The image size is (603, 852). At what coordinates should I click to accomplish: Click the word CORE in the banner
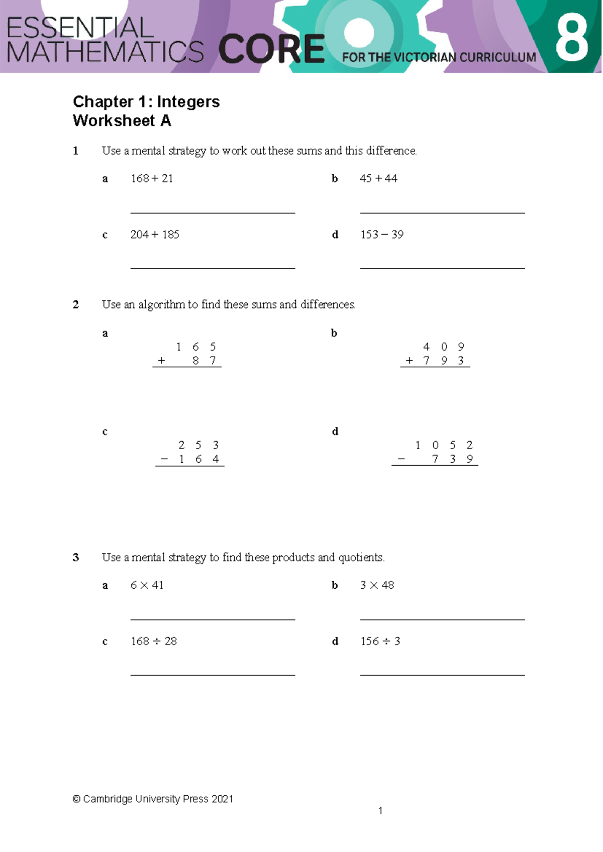click(271, 49)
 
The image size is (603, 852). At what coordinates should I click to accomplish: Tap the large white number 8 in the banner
click(571, 37)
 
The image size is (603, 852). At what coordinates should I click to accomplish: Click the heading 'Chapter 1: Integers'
click(146, 102)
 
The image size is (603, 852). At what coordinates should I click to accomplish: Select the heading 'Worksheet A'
click(122, 121)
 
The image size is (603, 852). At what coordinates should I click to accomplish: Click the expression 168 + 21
click(152, 178)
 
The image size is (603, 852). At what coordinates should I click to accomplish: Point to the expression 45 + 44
click(378, 178)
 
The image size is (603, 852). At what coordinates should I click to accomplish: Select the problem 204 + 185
click(155, 235)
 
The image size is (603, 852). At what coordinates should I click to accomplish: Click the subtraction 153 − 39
click(382, 235)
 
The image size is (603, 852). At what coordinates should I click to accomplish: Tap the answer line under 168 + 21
click(213, 213)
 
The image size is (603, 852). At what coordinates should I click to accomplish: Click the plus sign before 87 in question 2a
click(161, 361)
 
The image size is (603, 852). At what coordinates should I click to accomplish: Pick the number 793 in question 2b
click(444, 361)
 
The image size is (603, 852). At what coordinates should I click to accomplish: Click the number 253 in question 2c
click(198, 445)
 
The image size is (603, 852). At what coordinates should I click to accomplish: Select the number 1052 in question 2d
click(444, 445)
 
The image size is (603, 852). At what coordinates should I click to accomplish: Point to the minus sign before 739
click(401, 459)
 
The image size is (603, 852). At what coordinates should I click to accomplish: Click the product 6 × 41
click(147, 585)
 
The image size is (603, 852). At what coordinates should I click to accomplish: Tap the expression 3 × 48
click(377, 585)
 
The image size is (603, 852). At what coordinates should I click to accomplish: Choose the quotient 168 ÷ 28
click(154, 642)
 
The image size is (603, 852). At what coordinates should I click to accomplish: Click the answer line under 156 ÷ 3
click(442, 675)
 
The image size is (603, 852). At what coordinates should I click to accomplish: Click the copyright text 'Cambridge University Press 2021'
click(153, 799)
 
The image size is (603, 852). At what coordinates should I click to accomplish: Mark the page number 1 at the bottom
click(380, 810)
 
